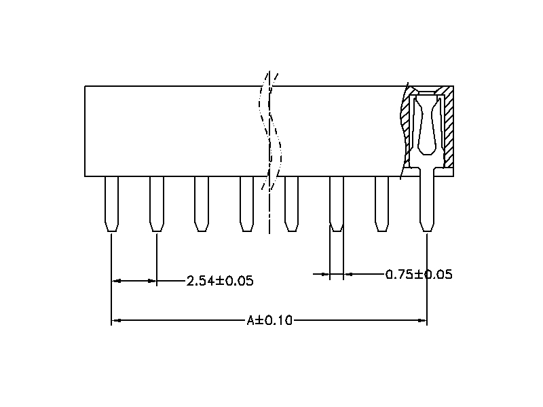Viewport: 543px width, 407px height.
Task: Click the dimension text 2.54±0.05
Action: click(220, 281)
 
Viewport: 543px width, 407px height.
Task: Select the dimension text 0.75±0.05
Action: click(419, 275)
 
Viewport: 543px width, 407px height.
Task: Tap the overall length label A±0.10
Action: click(269, 320)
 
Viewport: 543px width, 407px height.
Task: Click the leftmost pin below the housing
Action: click(111, 203)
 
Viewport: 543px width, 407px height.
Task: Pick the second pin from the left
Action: click(156, 203)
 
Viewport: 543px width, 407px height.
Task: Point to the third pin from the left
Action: click(201, 203)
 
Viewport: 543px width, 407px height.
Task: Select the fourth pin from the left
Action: click(246, 203)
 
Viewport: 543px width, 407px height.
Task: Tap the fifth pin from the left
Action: click(291, 203)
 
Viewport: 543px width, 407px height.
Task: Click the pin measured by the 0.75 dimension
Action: click(336, 203)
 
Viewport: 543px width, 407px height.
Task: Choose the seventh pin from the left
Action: click(381, 203)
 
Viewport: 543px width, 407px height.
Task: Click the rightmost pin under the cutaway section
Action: click(426, 203)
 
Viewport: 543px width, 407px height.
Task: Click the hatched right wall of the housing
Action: click(448, 129)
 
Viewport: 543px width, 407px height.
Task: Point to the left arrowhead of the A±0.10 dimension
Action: click(116, 320)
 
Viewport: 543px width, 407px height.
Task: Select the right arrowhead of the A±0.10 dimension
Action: click(422, 320)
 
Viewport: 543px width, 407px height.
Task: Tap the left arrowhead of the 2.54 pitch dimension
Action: click(116, 280)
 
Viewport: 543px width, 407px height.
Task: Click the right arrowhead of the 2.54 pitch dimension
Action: click(151, 280)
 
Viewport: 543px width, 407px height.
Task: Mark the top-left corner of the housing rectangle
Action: click(85, 86)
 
